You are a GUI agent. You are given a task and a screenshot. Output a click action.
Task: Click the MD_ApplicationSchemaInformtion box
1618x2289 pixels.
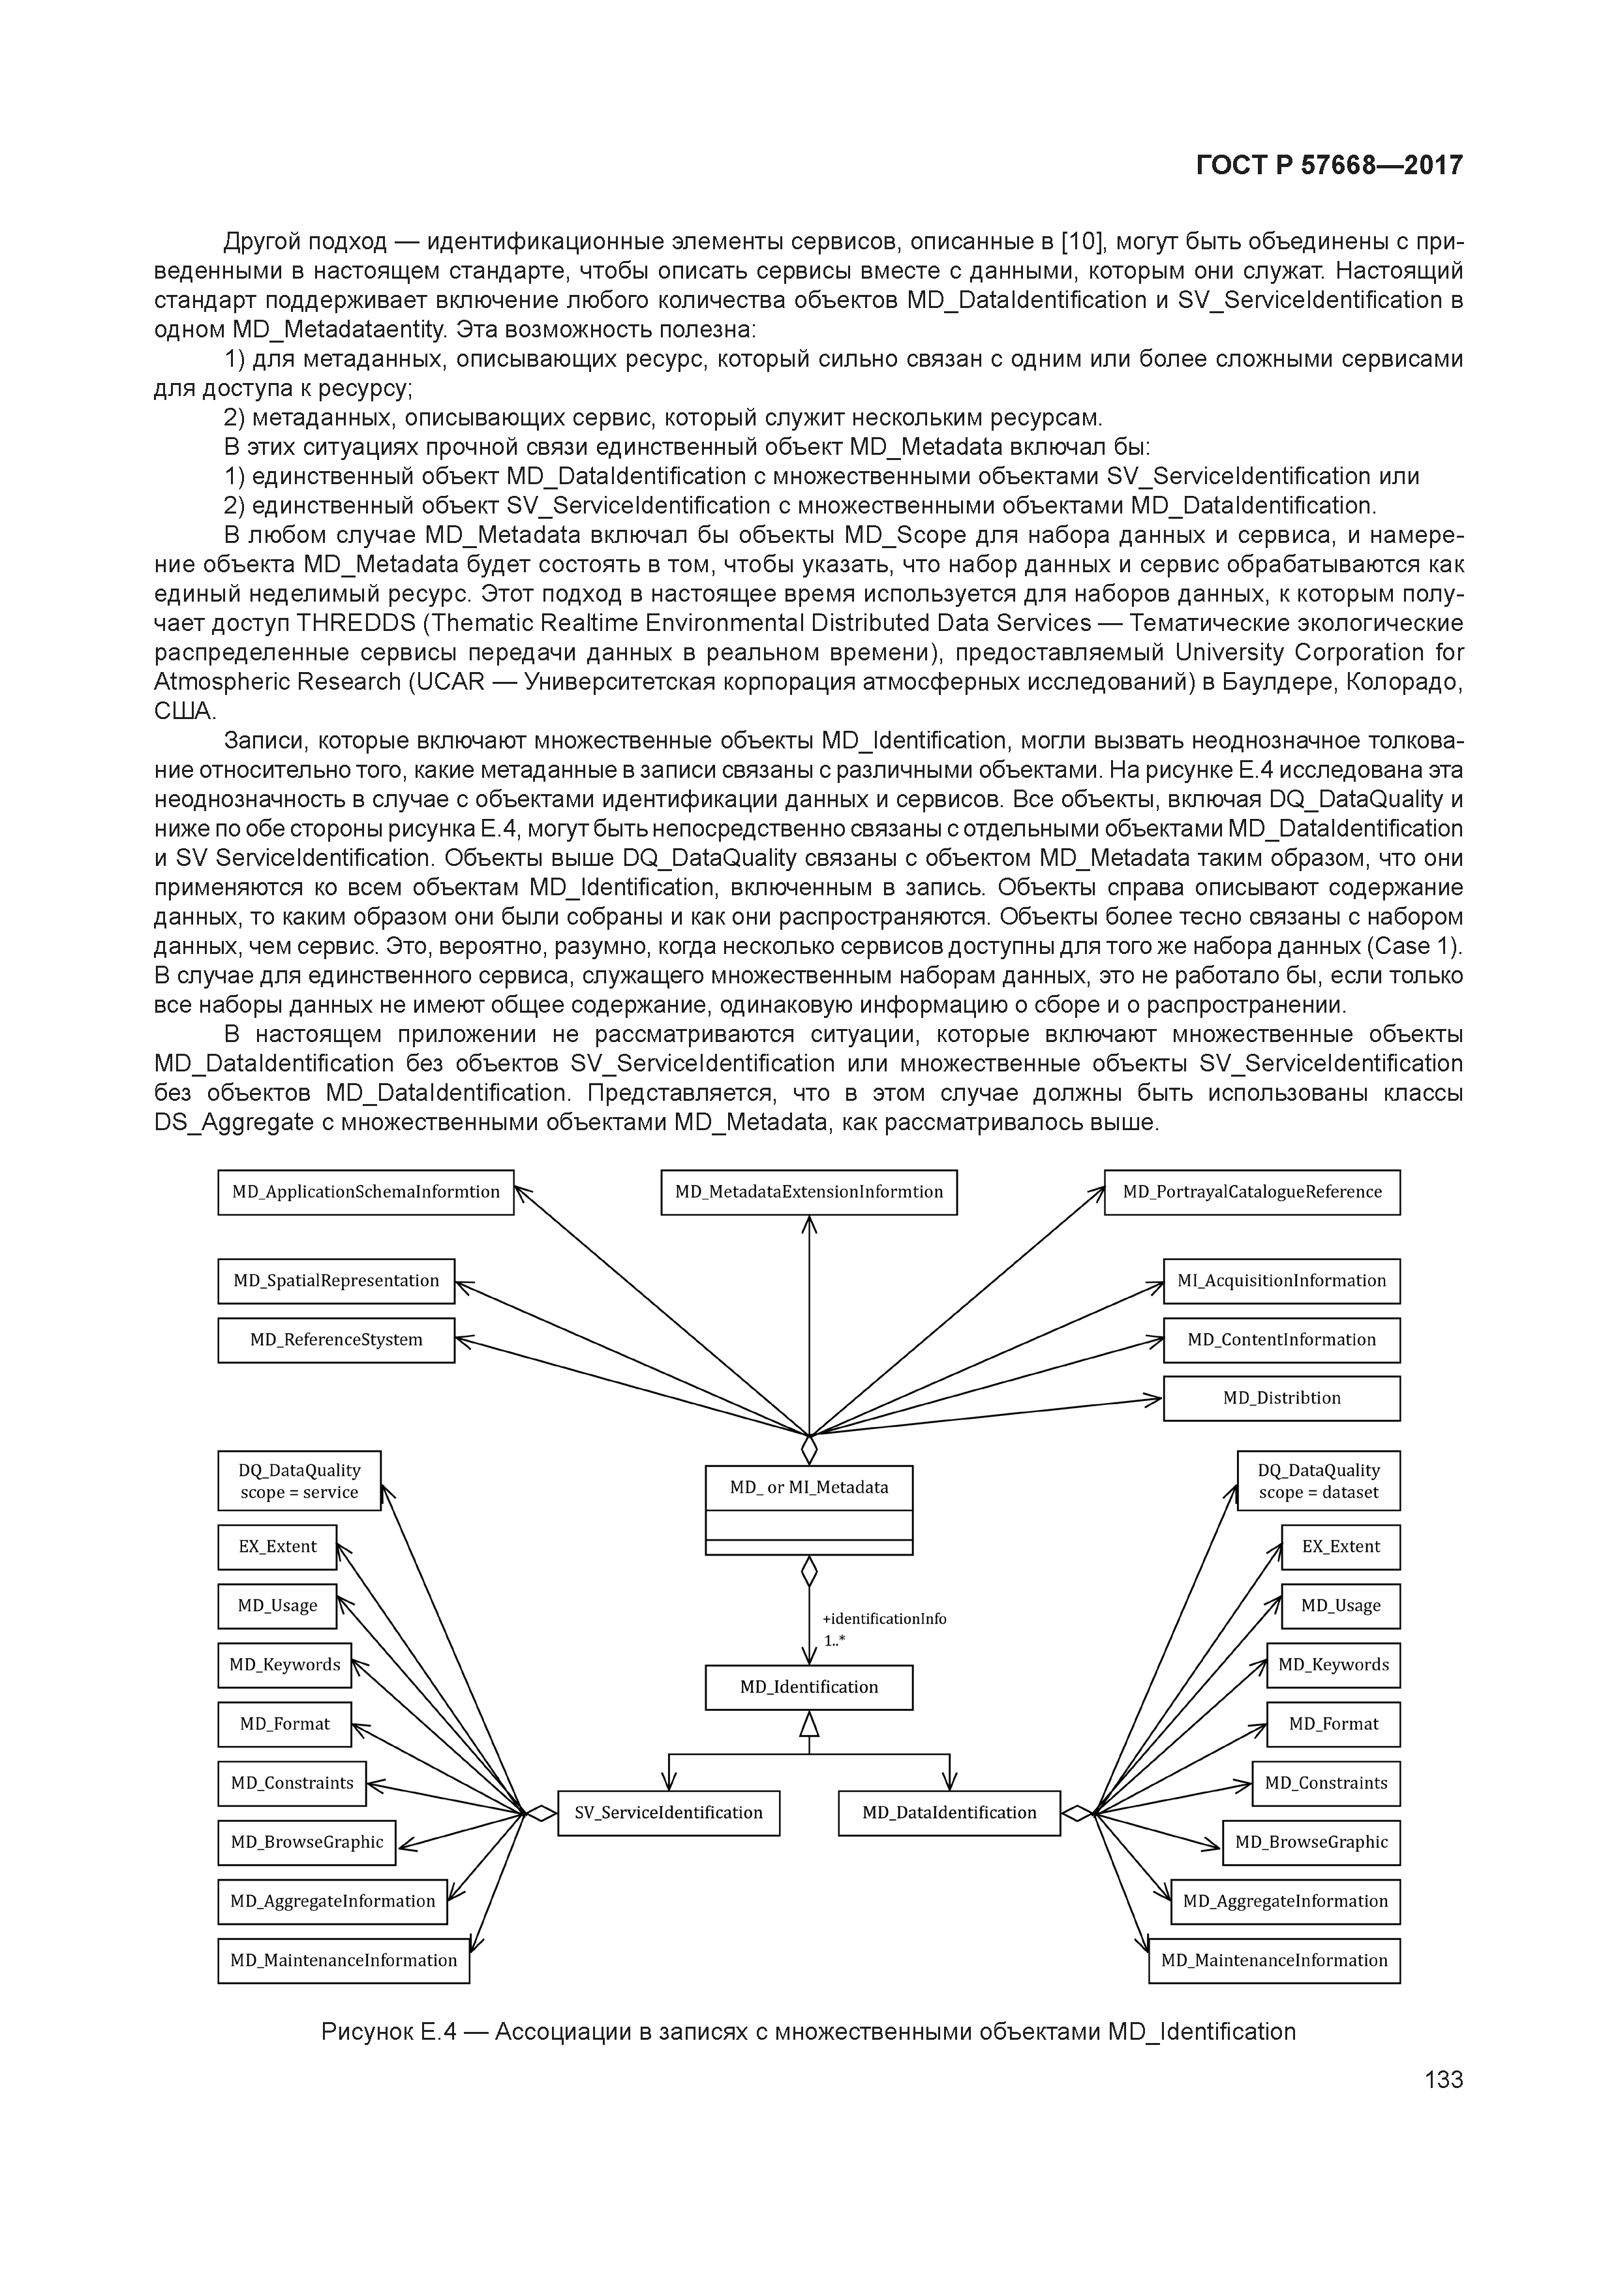click(366, 1192)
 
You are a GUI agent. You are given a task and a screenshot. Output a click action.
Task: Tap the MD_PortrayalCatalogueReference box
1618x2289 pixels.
click(1251, 1192)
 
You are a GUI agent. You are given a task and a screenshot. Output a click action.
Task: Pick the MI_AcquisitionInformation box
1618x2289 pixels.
click(1281, 1281)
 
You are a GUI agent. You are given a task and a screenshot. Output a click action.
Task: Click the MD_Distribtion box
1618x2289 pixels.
click(1281, 1399)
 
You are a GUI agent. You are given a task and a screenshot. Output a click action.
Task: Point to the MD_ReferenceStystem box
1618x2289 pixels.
click(336, 1340)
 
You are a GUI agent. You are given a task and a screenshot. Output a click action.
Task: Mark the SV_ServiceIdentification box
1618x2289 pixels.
click(668, 1813)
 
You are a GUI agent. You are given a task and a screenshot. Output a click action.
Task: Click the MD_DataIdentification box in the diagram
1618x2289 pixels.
click(949, 1813)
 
